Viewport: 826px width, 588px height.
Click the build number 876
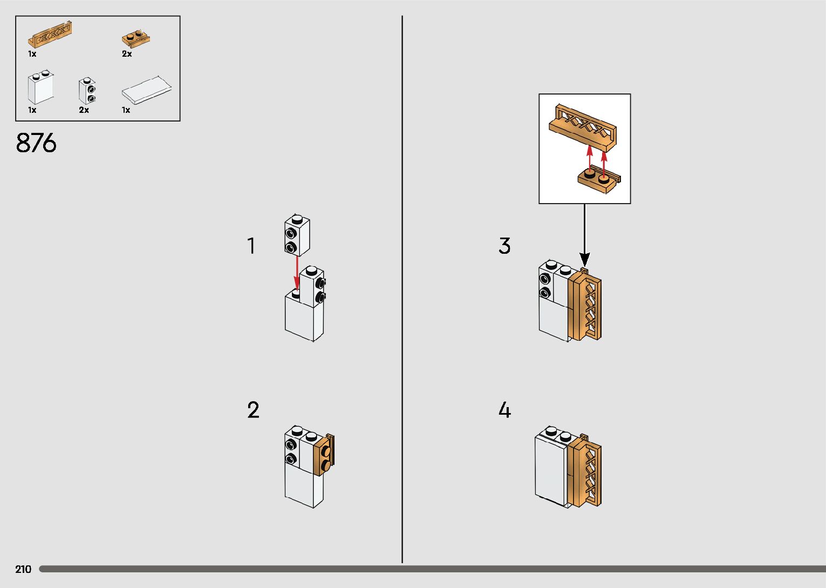click(36, 143)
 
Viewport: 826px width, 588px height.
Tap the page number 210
click(23, 569)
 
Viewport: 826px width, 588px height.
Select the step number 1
click(251, 246)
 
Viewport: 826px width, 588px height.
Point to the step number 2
click(253, 410)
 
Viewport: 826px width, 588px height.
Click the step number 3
click(504, 246)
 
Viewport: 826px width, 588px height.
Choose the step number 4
click(505, 410)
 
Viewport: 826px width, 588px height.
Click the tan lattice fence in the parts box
click(50, 35)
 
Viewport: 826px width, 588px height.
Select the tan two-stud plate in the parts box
click(136, 39)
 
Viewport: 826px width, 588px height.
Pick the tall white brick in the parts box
click(40, 87)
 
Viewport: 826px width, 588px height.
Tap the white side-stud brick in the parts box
click(87, 90)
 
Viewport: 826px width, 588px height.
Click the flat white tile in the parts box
click(147, 90)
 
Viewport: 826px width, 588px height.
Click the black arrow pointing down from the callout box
click(584, 235)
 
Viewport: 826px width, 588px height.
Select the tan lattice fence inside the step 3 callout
click(583, 128)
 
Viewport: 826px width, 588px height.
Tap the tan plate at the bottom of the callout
click(599, 180)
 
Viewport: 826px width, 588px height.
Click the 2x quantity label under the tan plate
click(127, 54)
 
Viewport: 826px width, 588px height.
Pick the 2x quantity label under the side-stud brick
click(84, 110)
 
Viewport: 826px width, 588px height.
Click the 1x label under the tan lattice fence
click(32, 54)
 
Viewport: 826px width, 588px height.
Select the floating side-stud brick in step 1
click(297, 235)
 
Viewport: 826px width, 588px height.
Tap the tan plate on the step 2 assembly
click(324, 455)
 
